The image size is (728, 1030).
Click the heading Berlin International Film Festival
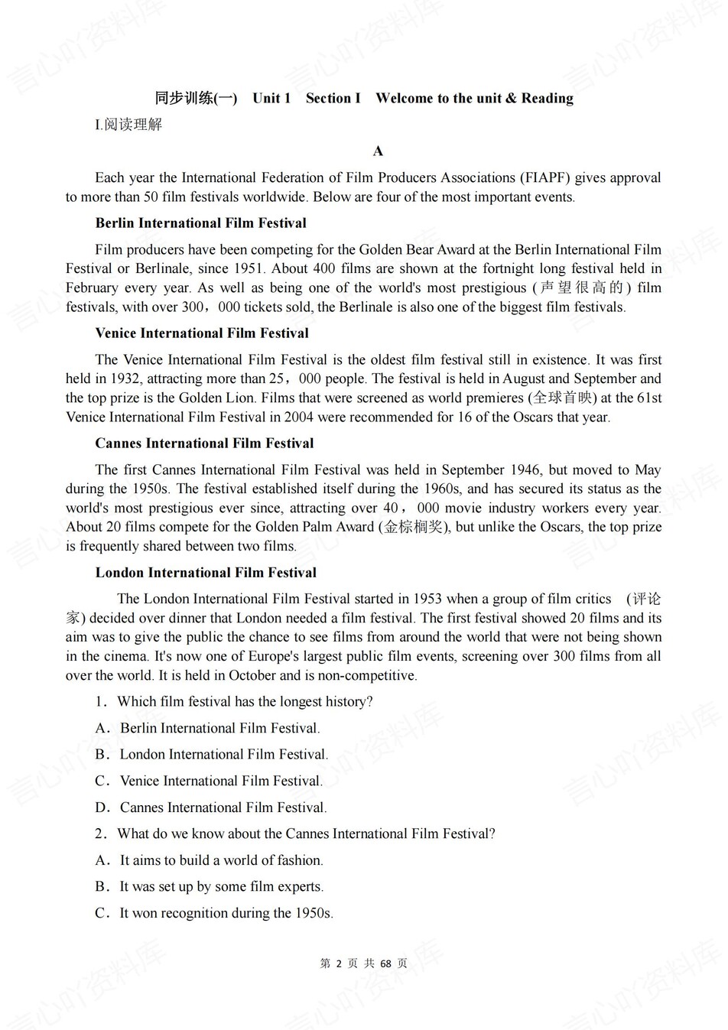pos(200,223)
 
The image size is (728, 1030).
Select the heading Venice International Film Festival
pos(202,333)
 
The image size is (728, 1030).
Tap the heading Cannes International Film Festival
pos(204,444)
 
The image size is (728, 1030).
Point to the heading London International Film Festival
pos(206,573)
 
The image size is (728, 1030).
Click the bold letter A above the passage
pos(378,151)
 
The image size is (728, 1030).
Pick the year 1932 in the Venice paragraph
pos(124,379)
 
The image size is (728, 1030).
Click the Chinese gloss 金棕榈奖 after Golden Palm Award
pos(414,527)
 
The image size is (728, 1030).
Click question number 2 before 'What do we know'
pos(101,834)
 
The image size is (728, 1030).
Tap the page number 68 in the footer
pos(385,963)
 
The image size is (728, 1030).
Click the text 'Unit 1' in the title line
pos(271,99)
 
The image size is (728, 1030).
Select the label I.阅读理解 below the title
pos(128,125)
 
